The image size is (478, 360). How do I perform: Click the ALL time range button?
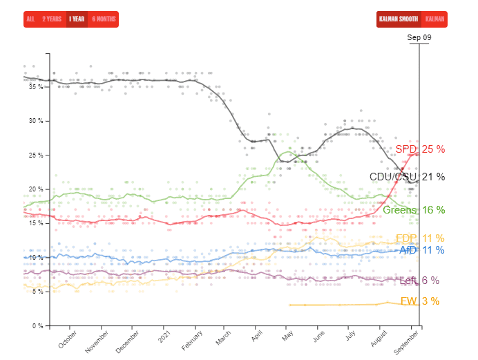30,19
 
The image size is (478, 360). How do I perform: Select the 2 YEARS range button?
51,19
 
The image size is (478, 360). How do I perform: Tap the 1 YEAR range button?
77,19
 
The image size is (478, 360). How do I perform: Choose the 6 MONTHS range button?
104,19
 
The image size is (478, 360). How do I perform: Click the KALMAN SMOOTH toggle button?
399,19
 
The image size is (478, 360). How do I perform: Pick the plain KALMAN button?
434,19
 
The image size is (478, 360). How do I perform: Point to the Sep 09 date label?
419,37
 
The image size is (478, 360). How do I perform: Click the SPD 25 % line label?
420,149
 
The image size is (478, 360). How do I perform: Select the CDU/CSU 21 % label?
408,177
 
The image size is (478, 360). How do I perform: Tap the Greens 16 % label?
413,210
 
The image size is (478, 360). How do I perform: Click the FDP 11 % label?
420,239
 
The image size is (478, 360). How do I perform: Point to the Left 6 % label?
419,281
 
